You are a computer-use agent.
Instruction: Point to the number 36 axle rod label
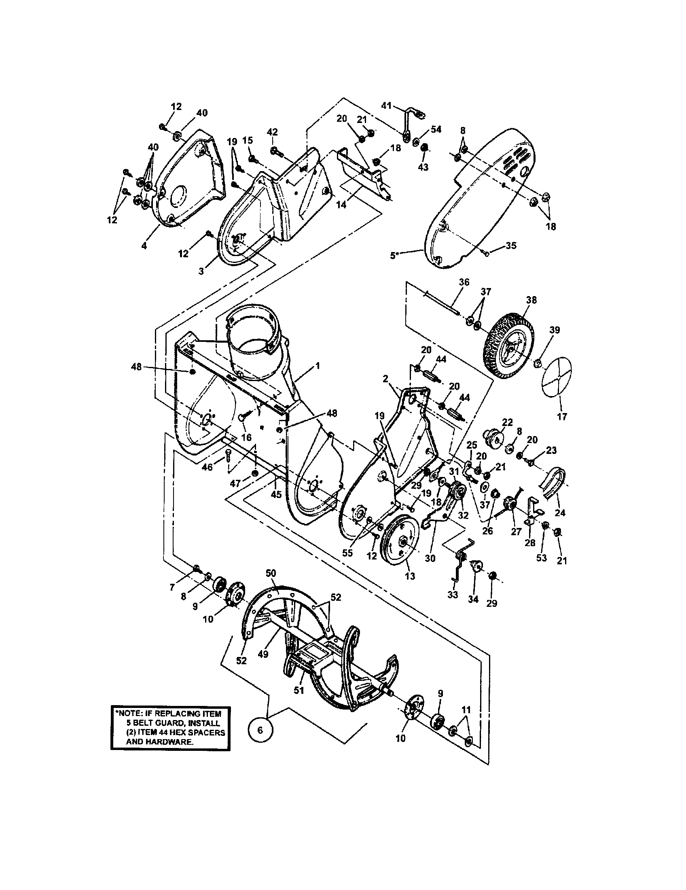464,282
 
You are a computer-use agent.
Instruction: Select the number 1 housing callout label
317,366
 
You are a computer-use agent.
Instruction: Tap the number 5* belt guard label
394,256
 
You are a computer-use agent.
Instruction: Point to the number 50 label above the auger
271,573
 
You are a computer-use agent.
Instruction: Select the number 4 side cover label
144,246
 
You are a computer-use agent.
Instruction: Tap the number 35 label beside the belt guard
511,245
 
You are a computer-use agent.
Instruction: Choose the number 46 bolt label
207,467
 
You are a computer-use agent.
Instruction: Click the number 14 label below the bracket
341,205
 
